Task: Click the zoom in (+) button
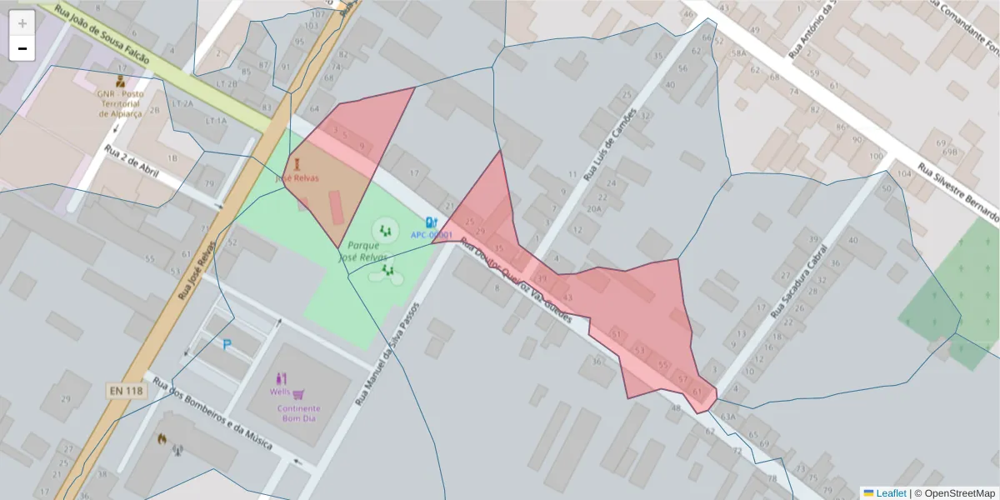click(x=22, y=23)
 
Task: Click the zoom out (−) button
click(x=22, y=49)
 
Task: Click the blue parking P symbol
click(x=226, y=344)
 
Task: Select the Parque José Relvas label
click(x=364, y=252)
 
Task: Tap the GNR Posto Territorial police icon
click(x=121, y=82)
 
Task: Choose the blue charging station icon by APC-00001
click(x=431, y=222)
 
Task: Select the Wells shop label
click(x=280, y=392)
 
